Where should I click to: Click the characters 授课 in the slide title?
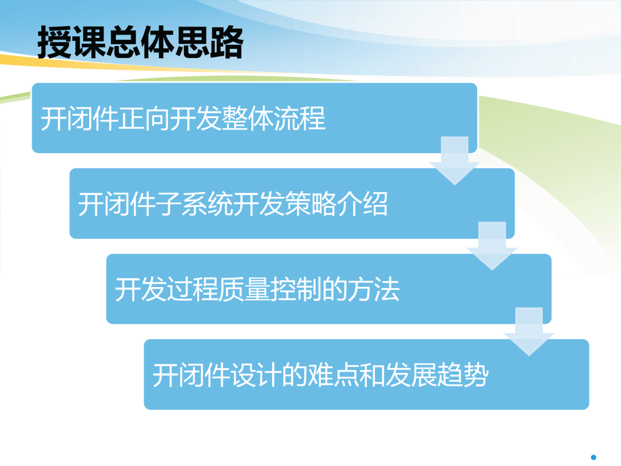click(72, 42)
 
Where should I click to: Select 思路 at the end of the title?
click(209, 42)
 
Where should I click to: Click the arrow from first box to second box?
click(455, 161)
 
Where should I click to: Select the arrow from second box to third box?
click(492, 246)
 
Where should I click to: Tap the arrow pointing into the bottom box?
click(529, 332)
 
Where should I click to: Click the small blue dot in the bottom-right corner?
click(593, 457)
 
